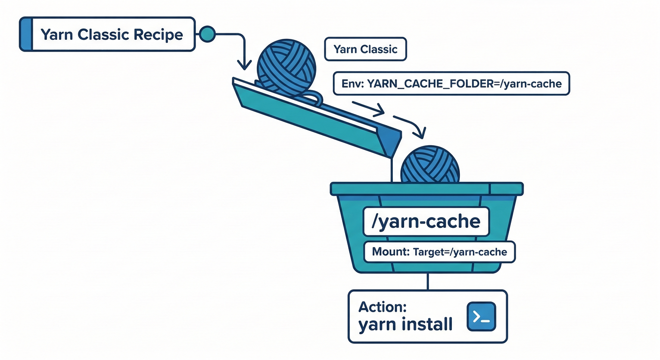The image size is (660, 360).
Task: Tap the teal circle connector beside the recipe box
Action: [207, 34]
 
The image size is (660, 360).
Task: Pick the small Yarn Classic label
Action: [365, 49]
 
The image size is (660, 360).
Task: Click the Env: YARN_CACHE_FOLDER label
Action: [451, 84]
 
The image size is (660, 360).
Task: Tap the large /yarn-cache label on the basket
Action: [426, 221]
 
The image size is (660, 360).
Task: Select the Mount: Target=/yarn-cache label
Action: [439, 252]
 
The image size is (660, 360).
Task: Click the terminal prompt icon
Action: [481, 316]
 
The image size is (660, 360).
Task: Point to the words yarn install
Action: [405, 324]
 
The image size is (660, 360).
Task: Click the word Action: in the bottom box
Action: [382, 307]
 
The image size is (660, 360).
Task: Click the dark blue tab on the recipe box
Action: [26, 34]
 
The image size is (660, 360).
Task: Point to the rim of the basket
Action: [427, 188]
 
